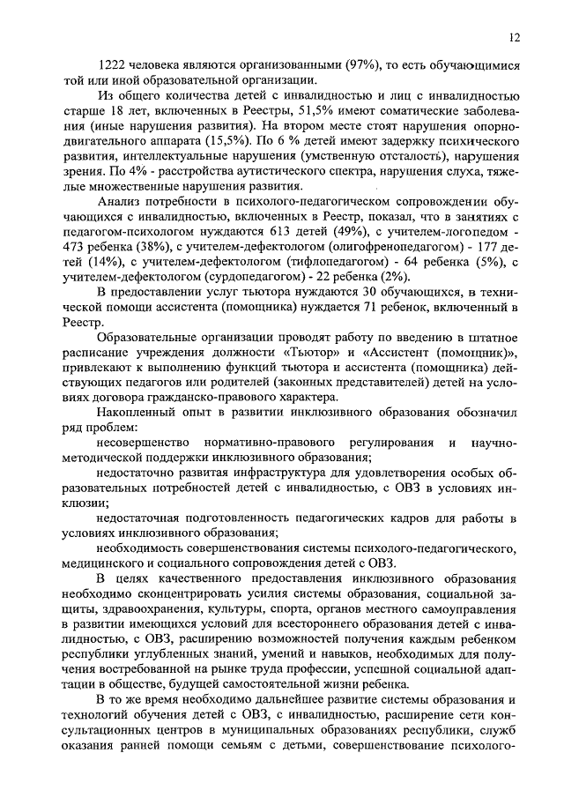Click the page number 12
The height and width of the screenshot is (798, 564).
point(516,36)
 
